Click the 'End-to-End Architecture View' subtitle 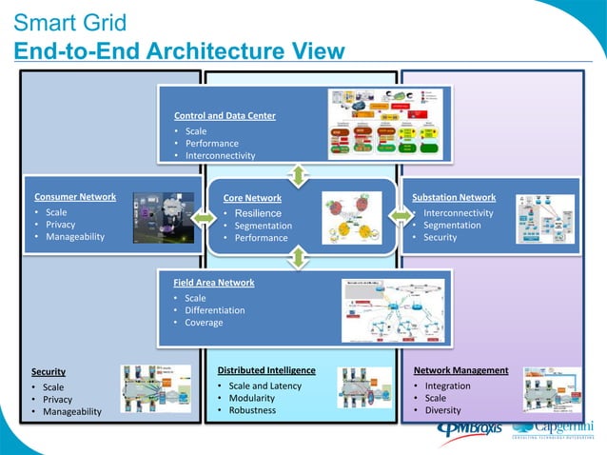click(x=179, y=51)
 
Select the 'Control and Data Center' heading click(x=225, y=116)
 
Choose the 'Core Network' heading click(x=251, y=198)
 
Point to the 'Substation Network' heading click(x=454, y=197)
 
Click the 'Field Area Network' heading click(x=213, y=283)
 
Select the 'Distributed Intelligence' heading click(x=266, y=369)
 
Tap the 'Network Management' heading click(x=460, y=369)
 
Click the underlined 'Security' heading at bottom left click(x=49, y=371)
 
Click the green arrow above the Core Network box click(x=299, y=174)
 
